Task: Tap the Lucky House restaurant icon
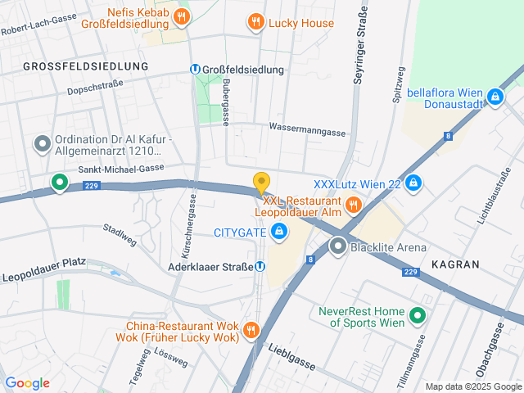click(x=256, y=22)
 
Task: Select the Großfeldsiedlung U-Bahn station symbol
click(x=195, y=70)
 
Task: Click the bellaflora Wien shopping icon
click(x=495, y=97)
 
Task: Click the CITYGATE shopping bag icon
click(x=280, y=232)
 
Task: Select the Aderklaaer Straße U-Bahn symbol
click(x=260, y=265)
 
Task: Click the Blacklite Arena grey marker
click(x=338, y=246)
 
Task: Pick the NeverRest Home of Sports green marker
click(x=417, y=315)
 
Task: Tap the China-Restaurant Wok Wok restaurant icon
click(x=251, y=331)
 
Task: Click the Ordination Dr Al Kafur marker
click(x=42, y=145)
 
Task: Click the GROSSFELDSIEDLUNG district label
click(x=85, y=65)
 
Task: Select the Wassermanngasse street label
click(x=307, y=129)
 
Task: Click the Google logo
click(x=27, y=382)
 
